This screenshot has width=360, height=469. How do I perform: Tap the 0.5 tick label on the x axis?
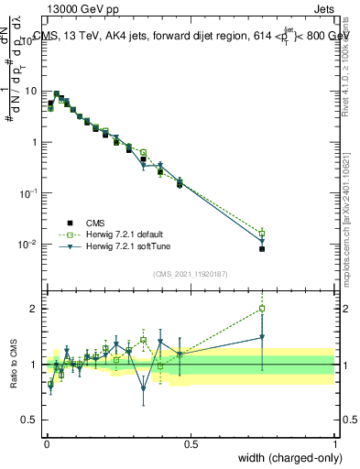[x=191, y=442]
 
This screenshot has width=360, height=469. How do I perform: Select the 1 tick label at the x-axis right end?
[x=335, y=442]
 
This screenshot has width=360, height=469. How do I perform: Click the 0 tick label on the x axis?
[x=46, y=442]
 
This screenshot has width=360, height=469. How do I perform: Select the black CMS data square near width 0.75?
[x=262, y=249]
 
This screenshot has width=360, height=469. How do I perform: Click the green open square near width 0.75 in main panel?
[x=262, y=233]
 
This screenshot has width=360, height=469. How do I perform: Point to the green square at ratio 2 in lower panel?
[x=262, y=309]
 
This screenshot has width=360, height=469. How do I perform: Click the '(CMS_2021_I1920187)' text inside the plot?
[x=191, y=274]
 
